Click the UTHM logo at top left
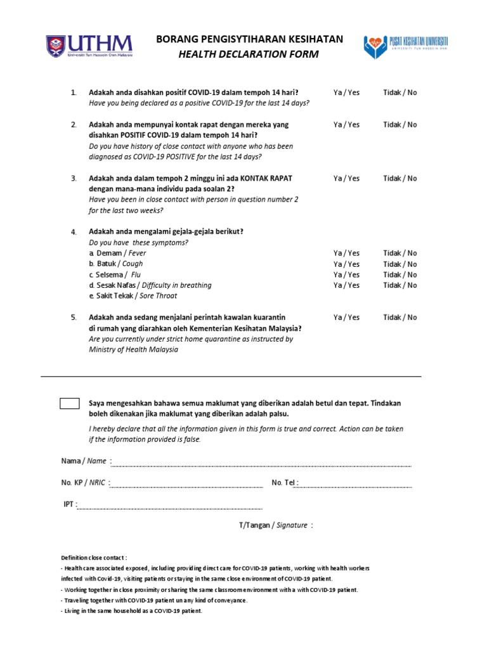click(x=89, y=46)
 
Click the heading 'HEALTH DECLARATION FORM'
click(x=249, y=55)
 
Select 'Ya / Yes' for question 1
click(x=346, y=93)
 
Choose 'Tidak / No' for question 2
click(x=400, y=125)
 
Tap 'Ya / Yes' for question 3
click(x=346, y=179)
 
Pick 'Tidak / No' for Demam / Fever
click(x=400, y=254)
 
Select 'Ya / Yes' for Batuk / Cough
click(x=346, y=264)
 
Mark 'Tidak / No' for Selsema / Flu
click(x=400, y=275)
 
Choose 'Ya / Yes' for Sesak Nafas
click(x=346, y=286)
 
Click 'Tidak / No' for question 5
click(x=400, y=318)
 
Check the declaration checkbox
click(x=70, y=404)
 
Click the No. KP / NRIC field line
click(x=186, y=486)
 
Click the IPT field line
click(x=169, y=508)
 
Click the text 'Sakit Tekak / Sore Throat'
click(x=133, y=296)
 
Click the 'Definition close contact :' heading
click(x=94, y=558)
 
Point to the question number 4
click(x=74, y=232)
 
